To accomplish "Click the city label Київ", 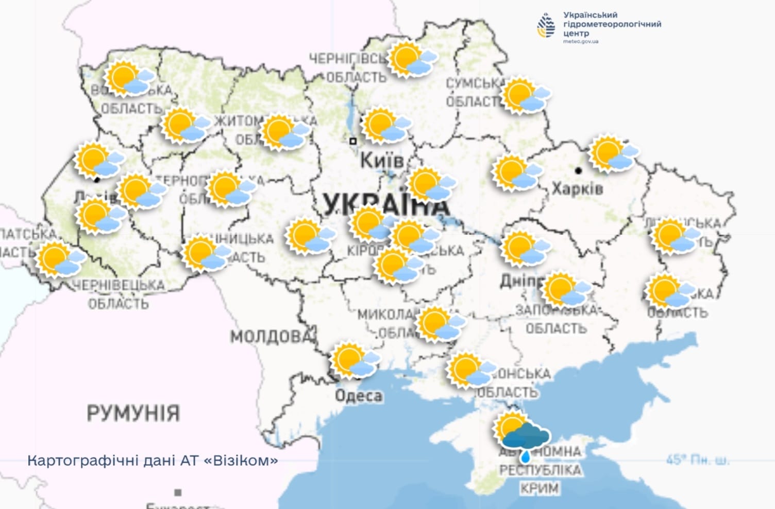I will coord(382,160).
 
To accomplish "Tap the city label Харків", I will coord(577,188).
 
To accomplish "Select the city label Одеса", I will coord(359,396).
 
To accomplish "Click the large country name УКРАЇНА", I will coord(386,205).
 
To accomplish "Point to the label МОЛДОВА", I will coord(272,337).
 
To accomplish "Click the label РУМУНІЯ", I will coord(133,413).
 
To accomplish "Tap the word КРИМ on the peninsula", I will coord(539,488).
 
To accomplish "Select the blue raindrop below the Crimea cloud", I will coord(525,456).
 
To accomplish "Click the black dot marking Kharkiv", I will coord(578,170).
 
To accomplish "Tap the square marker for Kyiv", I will coord(353,141).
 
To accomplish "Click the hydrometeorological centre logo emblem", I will coord(546,26).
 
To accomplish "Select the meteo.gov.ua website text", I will coord(581,42).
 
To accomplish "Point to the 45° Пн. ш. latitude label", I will coord(698,460).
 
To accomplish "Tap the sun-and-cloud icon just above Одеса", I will coord(355,360).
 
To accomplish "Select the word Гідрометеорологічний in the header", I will coord(612,24).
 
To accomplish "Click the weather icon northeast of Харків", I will coord(614,153).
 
